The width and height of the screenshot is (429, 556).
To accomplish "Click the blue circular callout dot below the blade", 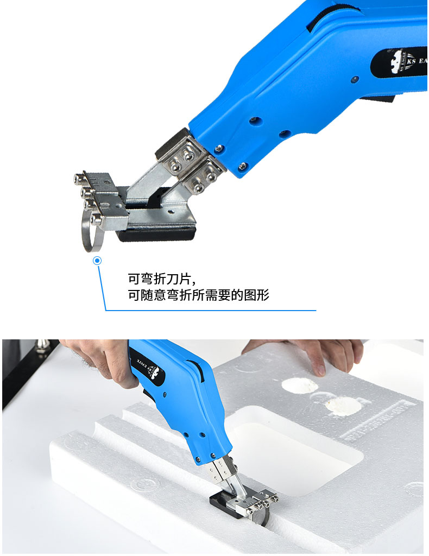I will click(98, 261).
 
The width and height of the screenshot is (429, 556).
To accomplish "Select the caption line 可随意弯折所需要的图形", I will click(198, 296).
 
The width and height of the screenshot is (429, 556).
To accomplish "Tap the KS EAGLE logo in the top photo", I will click(399, 61).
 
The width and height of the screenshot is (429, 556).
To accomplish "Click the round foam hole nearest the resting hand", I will click(299, 386).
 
